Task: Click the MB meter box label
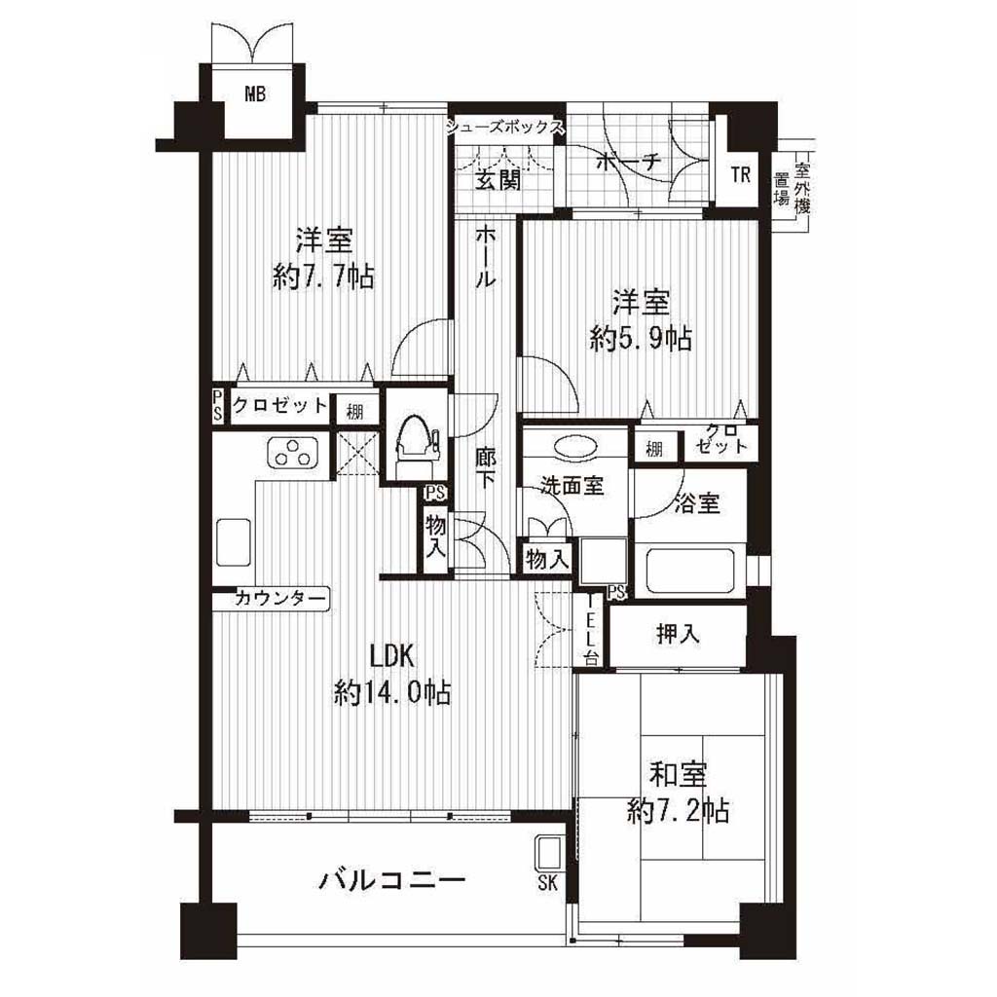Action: point(255,94)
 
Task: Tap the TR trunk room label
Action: point(741,174)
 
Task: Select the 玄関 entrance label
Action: point(498,181)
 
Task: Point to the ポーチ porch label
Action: point(629,163)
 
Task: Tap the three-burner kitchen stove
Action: point(292,452)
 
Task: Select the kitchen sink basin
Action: point(234,541)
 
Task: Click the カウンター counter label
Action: point(280,599)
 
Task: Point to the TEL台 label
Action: point(592,630)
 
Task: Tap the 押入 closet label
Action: point(678,633)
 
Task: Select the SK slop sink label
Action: point(547,882)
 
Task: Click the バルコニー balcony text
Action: point(392,880)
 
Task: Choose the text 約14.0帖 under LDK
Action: point(392,692)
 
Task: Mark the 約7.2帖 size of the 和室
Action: point(678,811)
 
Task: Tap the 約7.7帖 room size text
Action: point(323,277)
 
